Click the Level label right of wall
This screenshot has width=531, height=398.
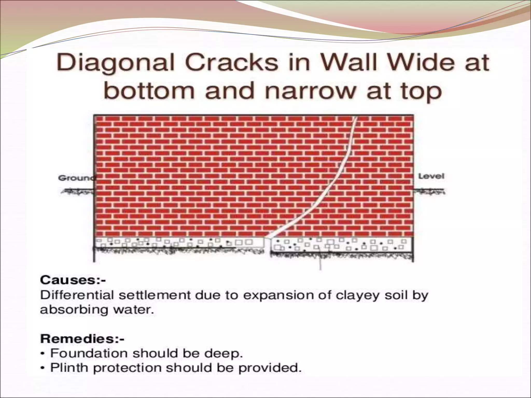(x=431, y=176)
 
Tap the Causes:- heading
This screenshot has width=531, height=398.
(x=73, y=280)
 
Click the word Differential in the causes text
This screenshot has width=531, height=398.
(x=77, y=295)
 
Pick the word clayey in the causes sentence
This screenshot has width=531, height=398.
(x=358, y=296)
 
